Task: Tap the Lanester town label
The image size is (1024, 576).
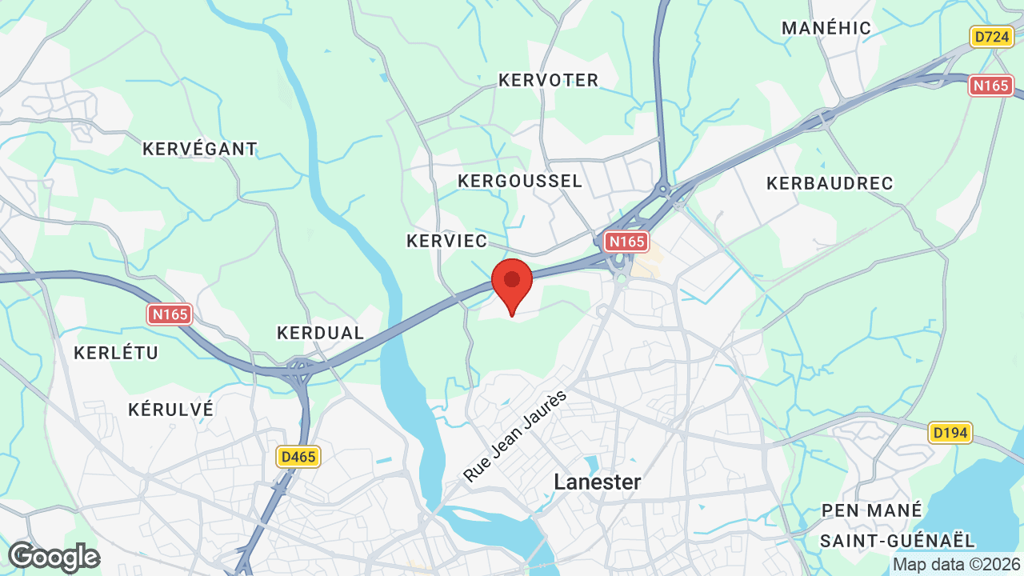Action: click(x=598, y=482)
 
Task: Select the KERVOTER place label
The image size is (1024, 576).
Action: click(x=548, y=80)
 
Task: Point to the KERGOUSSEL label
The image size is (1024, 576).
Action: click(x=520, y=182)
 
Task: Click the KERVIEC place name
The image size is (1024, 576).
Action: click(x=446, y=241)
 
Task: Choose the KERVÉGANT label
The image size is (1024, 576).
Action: click(x=199, y=149)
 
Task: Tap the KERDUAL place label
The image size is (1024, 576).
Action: click(x=320, y=333)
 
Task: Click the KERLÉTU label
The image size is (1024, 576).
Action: click(x=116, y=353)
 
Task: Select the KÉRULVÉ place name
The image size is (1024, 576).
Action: click(x=170, y=410)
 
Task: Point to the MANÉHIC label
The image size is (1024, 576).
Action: click(x=826, y=28)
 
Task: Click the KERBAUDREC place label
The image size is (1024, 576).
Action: click(x=830, y=183)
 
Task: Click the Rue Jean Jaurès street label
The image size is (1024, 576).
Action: click(x=515, y=436)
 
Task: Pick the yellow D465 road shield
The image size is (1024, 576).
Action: click(x=298, y=457)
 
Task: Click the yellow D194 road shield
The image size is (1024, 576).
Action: click(x=950, y=434)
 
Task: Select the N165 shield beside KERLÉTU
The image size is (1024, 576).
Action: click(x=170, y=314)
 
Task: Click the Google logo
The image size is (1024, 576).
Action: click(x=54, y=557)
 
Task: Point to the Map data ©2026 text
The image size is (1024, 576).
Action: click(x=956, y=565)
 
